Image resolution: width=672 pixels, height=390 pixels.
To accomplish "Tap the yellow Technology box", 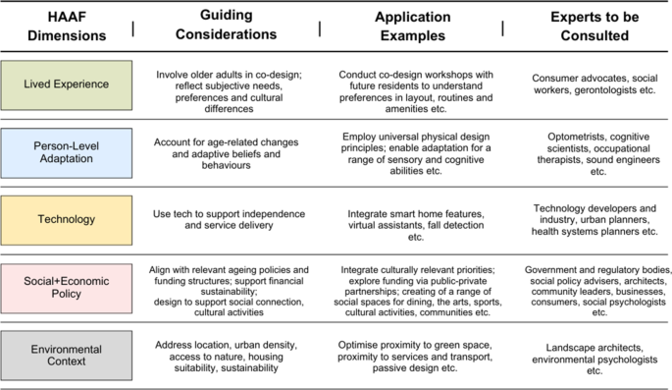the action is click(66, 220).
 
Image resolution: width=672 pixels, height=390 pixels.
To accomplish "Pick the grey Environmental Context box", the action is click(66, 355).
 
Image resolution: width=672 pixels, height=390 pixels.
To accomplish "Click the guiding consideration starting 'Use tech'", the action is click(232, 219).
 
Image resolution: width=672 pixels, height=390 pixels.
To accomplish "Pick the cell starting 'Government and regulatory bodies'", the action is click(597, 290).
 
